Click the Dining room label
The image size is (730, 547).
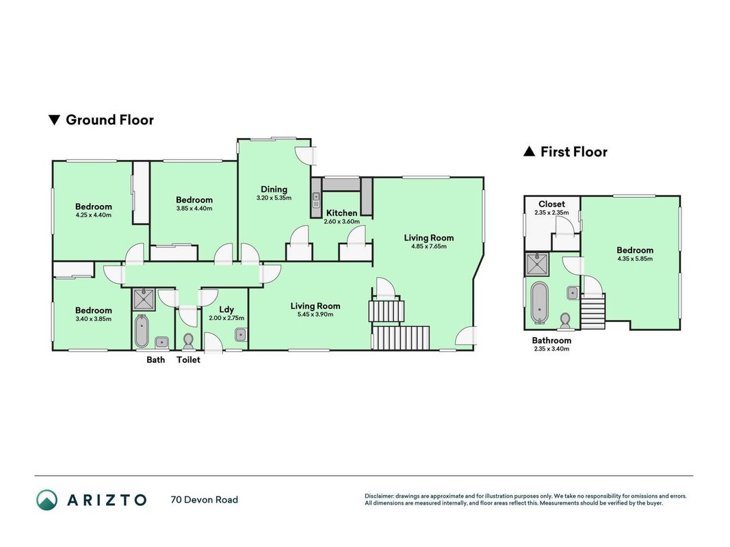coord(274,189)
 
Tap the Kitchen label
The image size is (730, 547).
coord(341,213)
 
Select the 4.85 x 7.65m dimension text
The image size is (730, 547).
coord(429,247)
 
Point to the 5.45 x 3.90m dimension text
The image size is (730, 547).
coord(315,315)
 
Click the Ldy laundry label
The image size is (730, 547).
coord(226,310)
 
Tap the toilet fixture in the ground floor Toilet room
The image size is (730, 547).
coord(189,341)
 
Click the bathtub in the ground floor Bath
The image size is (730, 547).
coord(142,331)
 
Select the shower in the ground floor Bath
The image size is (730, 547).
coord(144,300)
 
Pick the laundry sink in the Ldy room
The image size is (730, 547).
coord(240,335)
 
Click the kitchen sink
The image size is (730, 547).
coord(316,200)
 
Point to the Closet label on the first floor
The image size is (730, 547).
coord(551,204)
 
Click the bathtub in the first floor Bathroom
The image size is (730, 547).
coord(540,302)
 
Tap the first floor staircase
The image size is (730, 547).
coord(592,311)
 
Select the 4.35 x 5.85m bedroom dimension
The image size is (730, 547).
coord(635,258)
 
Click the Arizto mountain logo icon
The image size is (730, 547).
coord(47,500)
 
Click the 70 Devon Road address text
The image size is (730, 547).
coord(205,500)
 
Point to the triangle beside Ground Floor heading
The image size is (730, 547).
coord(55,120)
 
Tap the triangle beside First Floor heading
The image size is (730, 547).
coord(530,151)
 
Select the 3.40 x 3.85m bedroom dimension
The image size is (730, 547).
coord(94,319)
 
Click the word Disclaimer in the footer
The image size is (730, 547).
coord(379,496)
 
